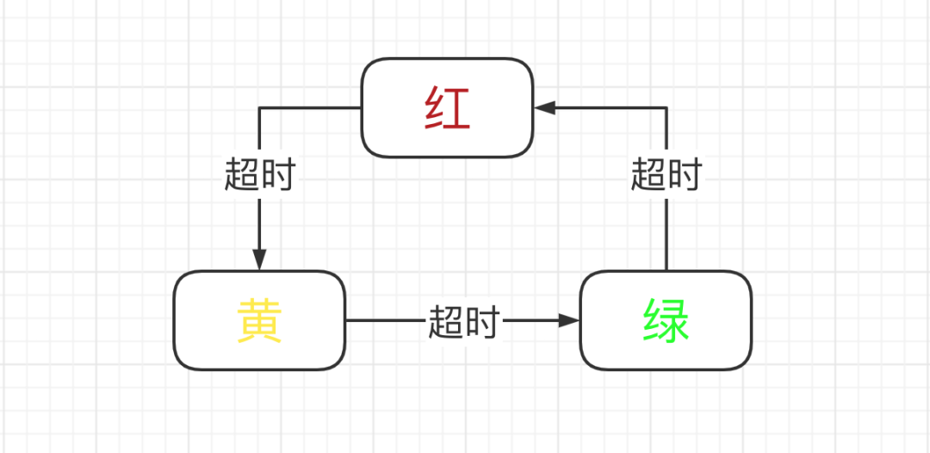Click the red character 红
(x=447, y=109)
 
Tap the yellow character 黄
(x=259, y=321)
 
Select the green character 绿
(x=666, y=321)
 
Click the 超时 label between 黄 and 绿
(x=463, y=321)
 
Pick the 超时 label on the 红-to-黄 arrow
(x=259, y=175)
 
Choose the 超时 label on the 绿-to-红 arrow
(x=666, y=175)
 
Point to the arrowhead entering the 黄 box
(x=259, y=259)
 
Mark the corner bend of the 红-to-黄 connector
(x=259, y=109)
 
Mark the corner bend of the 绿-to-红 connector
(x=666, y=109)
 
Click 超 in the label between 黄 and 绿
(x=446, y=321)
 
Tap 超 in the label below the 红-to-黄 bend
(x=242, y=175)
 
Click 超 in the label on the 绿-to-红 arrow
(x=648, y=175)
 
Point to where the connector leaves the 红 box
(x=361, y=109)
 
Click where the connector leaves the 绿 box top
(x=666, y=271)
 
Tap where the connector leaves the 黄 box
(x=346, y=320)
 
